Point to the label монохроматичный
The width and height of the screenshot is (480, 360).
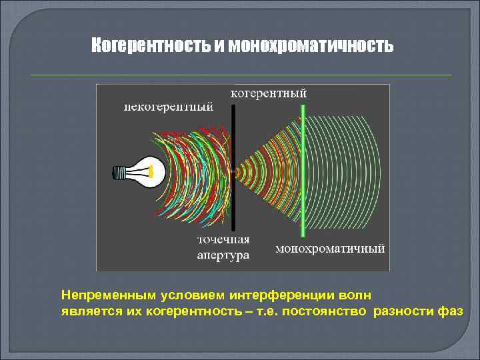(330, 249)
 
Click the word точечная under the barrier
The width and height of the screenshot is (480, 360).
(223, 241)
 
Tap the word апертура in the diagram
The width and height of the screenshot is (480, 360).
(223, 255)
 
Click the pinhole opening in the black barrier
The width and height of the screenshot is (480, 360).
(234, 171)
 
